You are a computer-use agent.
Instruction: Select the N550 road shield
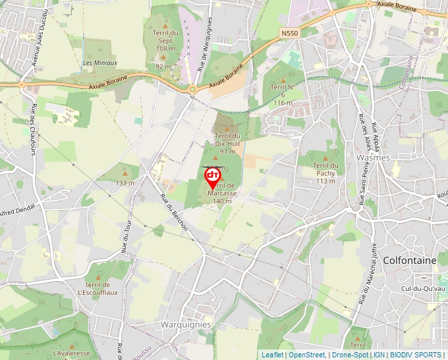tap(289, 32)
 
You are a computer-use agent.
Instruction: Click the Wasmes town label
tap(372, 158)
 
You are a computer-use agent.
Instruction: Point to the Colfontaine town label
tap(409, 261)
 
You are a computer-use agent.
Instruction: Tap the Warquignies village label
tap(186, 324)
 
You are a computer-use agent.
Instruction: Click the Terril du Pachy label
tap(325, 169)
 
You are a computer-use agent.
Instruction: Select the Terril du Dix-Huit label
tap(227, 140)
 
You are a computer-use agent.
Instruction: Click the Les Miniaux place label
tap(100, 63)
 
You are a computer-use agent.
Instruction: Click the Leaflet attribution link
tap(272, 355)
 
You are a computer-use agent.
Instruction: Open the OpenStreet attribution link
tap(306, 355)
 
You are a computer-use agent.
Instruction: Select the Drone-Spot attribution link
tap(350, 355)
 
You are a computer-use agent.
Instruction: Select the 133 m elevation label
tap(125, 182)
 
